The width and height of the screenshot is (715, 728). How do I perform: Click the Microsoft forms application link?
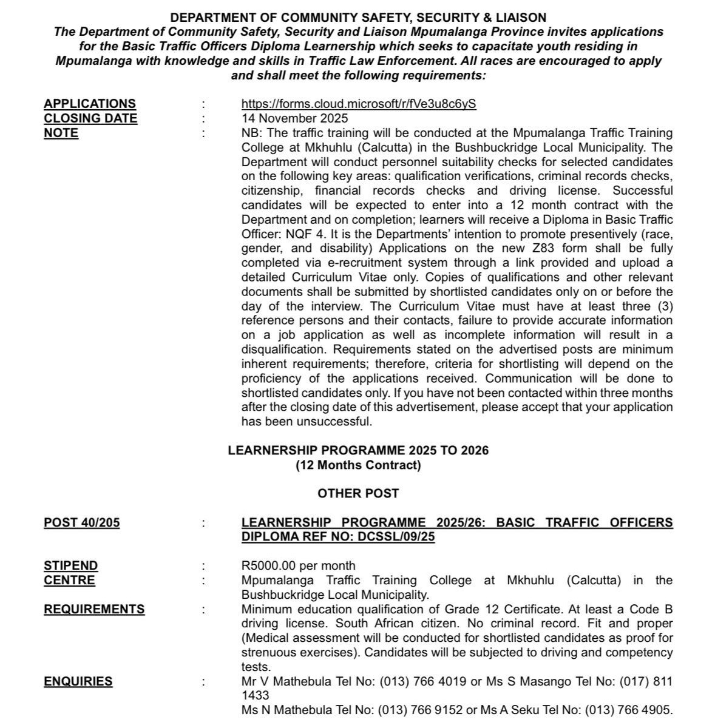pyautogui.click(x=359, y=104)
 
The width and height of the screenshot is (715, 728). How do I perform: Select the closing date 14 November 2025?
pyautogui.click(x=295, y=118)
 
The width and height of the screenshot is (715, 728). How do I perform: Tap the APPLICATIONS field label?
pyautogui.click(x=90, y=104)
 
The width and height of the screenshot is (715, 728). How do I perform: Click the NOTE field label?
pyautogui.click(x=61, y=133)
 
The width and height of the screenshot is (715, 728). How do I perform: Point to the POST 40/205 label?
pyautogui.click(x=81, y=523)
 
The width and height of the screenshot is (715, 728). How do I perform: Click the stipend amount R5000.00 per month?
pyautogui.click(x=298, y=566)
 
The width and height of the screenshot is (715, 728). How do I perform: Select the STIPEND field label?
pyautogui.click(x=70, y=566)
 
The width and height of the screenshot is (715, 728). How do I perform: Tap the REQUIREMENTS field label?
pyautogui.click(x=94, y=609)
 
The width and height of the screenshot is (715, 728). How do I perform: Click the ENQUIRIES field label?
pyautogui.click(x=78, y=681)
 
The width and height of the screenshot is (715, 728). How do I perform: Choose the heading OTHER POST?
pyautogui.click(x=358, y=493)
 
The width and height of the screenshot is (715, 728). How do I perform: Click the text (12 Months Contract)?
pyautogui.click(x=358, y=465)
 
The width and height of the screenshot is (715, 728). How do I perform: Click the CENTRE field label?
pyautogui.click(x=69, y=581)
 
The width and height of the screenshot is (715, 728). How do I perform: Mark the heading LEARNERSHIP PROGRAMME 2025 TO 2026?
pyautogui.click(x=358, y=451)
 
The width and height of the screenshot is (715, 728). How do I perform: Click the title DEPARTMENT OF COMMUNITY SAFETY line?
pyautogui.click(x=358, y=18)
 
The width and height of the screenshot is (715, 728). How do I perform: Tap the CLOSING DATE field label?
pyautogui.click(x=90, y=118)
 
